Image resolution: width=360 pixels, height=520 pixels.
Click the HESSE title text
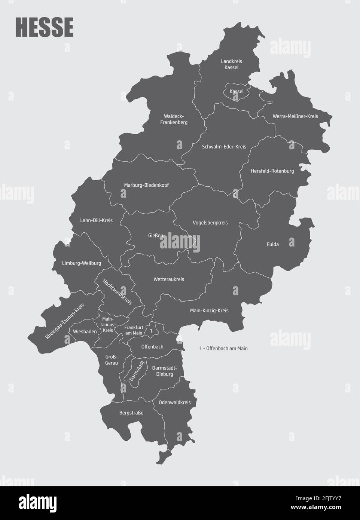click(x=44, y=27)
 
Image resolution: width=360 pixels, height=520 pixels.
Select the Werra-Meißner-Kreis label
click(x=295, y=116)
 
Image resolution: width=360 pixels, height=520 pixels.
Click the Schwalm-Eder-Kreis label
click(x=224, y=147)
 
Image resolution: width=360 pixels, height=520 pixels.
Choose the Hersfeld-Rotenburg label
click(x=272, y=171)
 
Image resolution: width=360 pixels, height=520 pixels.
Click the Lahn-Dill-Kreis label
click(x=96, y=220)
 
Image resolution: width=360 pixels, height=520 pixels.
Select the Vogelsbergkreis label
click(x=210, y=223)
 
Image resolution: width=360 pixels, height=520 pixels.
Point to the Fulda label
click(x=273, y=245)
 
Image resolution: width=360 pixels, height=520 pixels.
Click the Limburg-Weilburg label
click(x=82, y=263)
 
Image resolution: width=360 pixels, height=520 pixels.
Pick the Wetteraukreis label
click(x=169, y=279)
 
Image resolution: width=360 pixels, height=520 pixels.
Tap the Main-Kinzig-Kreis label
click(x=209, y=311)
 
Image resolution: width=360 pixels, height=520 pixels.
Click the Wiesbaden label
click(x=85, y=331)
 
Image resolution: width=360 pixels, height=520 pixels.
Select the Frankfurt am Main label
click(x=134, y=330)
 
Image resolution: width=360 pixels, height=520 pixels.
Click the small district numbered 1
click(x=151, y=331)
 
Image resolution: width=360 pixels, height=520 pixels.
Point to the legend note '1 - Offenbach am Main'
click(x=223, y=348)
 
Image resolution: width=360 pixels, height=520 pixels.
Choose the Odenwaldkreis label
click(x=175, y=403)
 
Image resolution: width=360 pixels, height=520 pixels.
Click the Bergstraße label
click(x=131, y=413)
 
